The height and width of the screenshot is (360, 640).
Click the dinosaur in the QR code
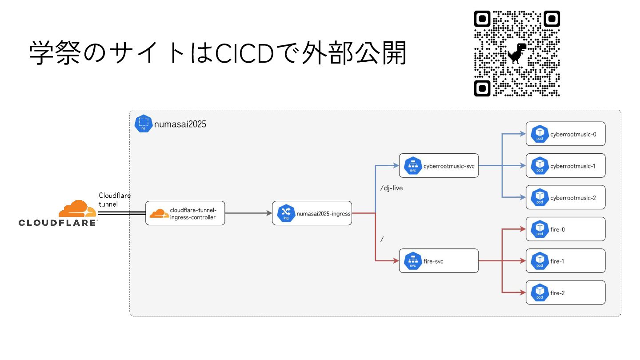coord(517,53)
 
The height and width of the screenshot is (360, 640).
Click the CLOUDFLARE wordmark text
coord(57,223)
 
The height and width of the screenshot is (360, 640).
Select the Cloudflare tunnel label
coord(114,200)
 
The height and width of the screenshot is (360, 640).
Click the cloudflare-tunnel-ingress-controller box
coord(185,213)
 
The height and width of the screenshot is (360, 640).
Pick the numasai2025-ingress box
coord(312,213)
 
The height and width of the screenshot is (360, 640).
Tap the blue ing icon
coord(286,213)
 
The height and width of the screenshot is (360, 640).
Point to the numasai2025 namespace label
coord(180,124)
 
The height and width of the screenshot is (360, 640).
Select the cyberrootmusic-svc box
coord(439,166)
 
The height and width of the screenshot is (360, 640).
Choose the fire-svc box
coord(439,261)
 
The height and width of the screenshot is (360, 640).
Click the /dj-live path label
coord(392,188)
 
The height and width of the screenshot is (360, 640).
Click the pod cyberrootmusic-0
coord(565,134)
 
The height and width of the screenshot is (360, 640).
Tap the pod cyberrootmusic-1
coord(565,166)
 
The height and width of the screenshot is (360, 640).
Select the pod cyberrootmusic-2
coord(565,197)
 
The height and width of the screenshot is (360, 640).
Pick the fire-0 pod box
coord(565,229)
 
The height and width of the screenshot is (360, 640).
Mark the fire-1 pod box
coord(565,261)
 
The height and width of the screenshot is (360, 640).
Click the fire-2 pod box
coord(565,293)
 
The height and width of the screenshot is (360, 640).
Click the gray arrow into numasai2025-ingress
coord(248,213)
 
